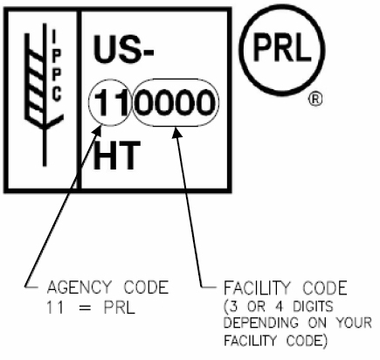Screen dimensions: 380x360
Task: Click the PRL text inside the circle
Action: click(x=281, y=46)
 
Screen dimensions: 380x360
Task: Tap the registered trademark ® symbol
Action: click(x=315, y=100)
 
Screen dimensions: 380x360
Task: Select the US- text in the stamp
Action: click(x=123, y=49)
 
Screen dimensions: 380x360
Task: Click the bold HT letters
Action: click(x=116, y=155)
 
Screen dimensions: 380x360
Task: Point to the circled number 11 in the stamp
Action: click(x=111, y=102)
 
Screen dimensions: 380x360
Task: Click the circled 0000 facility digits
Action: click(x=176, y=102)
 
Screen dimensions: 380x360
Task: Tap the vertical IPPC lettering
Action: click(x=56, y=66)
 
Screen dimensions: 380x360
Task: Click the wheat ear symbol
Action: click(x=43, y=94)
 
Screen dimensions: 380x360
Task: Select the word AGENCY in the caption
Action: click(x=79, y=287)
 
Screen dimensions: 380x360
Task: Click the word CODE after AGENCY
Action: click(x=147, y=287)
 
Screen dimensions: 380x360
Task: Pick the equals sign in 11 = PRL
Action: click(x=85, y=308)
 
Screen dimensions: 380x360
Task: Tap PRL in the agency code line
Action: click(x=120, y=308)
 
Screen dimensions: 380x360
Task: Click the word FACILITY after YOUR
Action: click(x=251, y=341)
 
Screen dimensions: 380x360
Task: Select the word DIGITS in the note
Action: click(x=313, y=307)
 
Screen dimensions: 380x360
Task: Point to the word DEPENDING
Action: click(x=261, y=323)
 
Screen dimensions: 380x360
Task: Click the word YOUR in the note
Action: click(x=354, y=323)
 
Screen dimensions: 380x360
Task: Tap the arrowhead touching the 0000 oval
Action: click(x=176, y=132)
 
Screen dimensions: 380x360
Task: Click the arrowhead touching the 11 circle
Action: click(x=97, y=130)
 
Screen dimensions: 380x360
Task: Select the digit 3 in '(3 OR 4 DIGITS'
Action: click(x=233, y=307)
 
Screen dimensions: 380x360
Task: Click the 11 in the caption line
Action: click(x=55, y=308)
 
